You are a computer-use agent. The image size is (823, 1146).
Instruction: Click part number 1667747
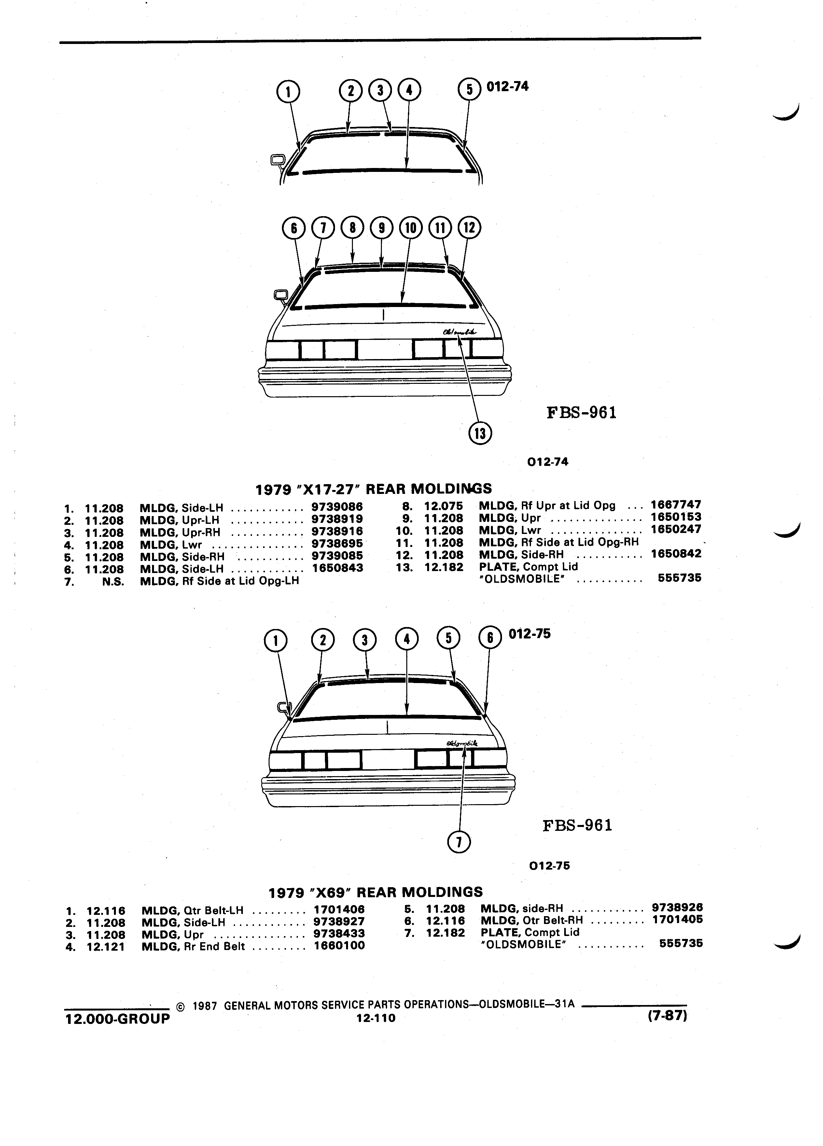pyautogui.click(x=676, y=504)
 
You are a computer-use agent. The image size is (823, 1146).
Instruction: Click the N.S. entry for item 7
pyautogui.click(x=113, y=581)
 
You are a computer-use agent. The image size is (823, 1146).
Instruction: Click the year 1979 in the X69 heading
pyautogui.click(x=286, y=892)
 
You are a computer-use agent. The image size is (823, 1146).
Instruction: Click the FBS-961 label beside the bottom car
pyautogui.click(x=578, y=825)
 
